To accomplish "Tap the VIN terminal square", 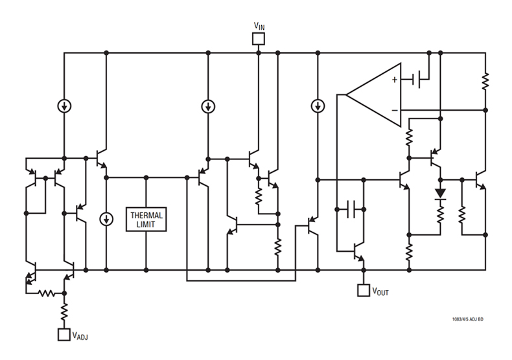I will [258, 38].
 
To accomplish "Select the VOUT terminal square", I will [362, 291].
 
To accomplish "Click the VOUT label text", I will [380, 292].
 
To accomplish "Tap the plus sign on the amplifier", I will [393, 80].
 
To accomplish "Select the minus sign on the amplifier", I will [393, 109].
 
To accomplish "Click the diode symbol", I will [441, 193].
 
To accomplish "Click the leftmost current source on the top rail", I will [64, 105].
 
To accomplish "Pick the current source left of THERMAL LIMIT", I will [106, 219].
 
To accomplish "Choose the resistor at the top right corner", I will [485, 82].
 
